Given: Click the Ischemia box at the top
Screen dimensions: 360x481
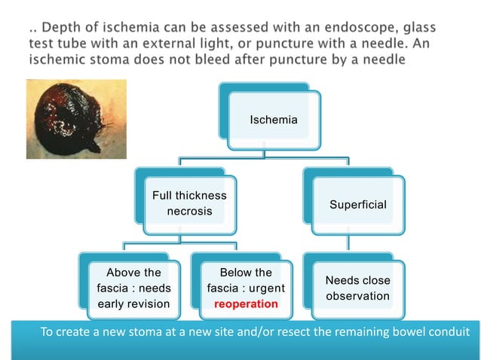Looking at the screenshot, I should (273, 120).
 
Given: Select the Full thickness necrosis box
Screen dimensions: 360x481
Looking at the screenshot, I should (189, 203).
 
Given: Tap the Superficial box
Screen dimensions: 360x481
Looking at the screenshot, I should (357, 205).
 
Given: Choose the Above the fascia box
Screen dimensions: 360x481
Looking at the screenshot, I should (133, 288).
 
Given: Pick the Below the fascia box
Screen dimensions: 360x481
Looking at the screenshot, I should (245, 288).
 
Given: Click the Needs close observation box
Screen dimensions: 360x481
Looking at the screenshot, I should (357, 288).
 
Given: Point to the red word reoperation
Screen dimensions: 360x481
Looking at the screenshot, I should (245, 304).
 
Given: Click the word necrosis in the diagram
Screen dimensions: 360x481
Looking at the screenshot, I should (189, 212).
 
